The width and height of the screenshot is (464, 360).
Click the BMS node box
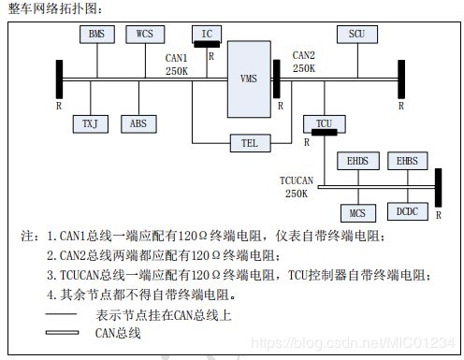(x=96, y=35)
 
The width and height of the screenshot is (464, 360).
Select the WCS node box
(x=144, y=35)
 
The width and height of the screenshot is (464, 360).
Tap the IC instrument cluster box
(x=207, y=35)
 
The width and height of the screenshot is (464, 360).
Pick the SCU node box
(x=356, y=35)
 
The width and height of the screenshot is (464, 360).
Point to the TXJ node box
(x=90, y=122)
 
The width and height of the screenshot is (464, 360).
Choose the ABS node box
(x=138, y=122)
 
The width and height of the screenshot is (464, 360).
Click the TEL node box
(x=249, y=144)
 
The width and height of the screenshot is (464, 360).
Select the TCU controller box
(x=324, y=123)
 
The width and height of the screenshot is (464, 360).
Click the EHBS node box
(x=405, y=162)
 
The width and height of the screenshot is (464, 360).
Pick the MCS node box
(x=356, y=212)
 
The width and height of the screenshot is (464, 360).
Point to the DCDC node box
(x=405, y=212)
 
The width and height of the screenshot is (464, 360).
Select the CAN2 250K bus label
(x=304, y=62)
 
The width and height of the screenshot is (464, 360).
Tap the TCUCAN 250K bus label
(x=298, y=186)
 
